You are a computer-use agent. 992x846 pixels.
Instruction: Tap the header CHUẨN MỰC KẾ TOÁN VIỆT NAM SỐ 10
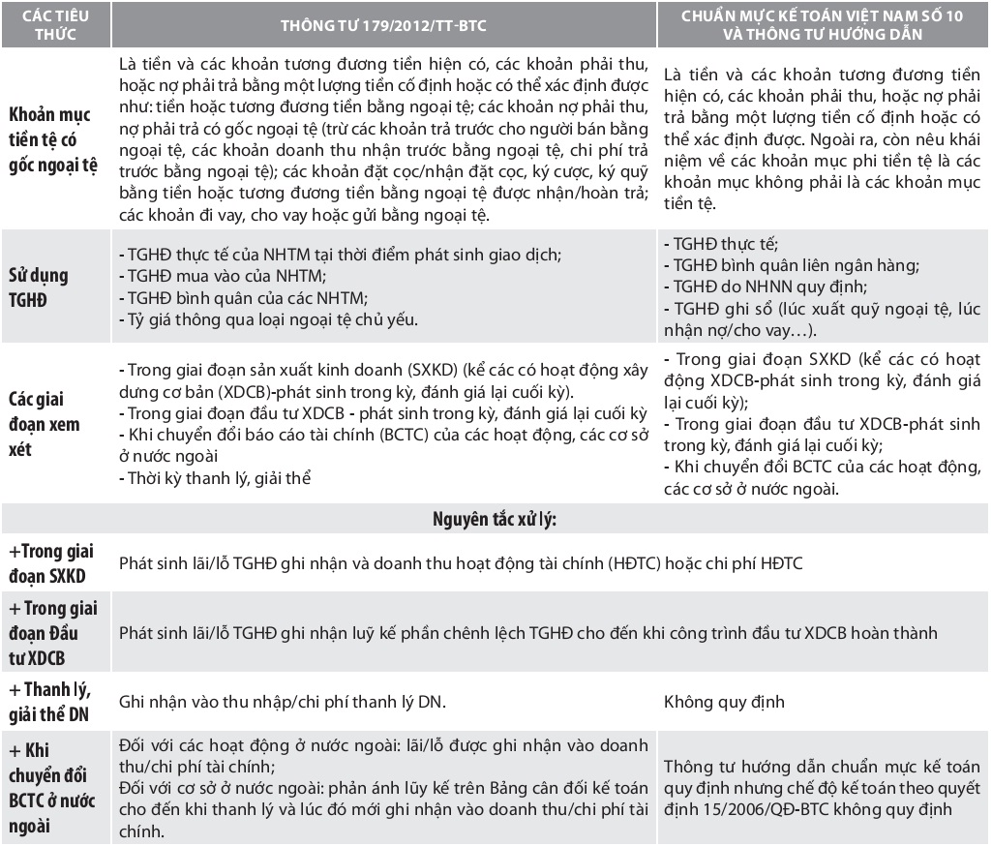(825, 17)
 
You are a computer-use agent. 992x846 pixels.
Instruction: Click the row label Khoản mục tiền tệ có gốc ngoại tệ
(54, 139)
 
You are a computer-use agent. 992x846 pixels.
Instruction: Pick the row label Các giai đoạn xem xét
(45, 424)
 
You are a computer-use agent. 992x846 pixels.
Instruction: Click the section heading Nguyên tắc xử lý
(494, 519)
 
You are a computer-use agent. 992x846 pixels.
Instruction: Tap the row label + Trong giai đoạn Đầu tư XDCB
(50, 633)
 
